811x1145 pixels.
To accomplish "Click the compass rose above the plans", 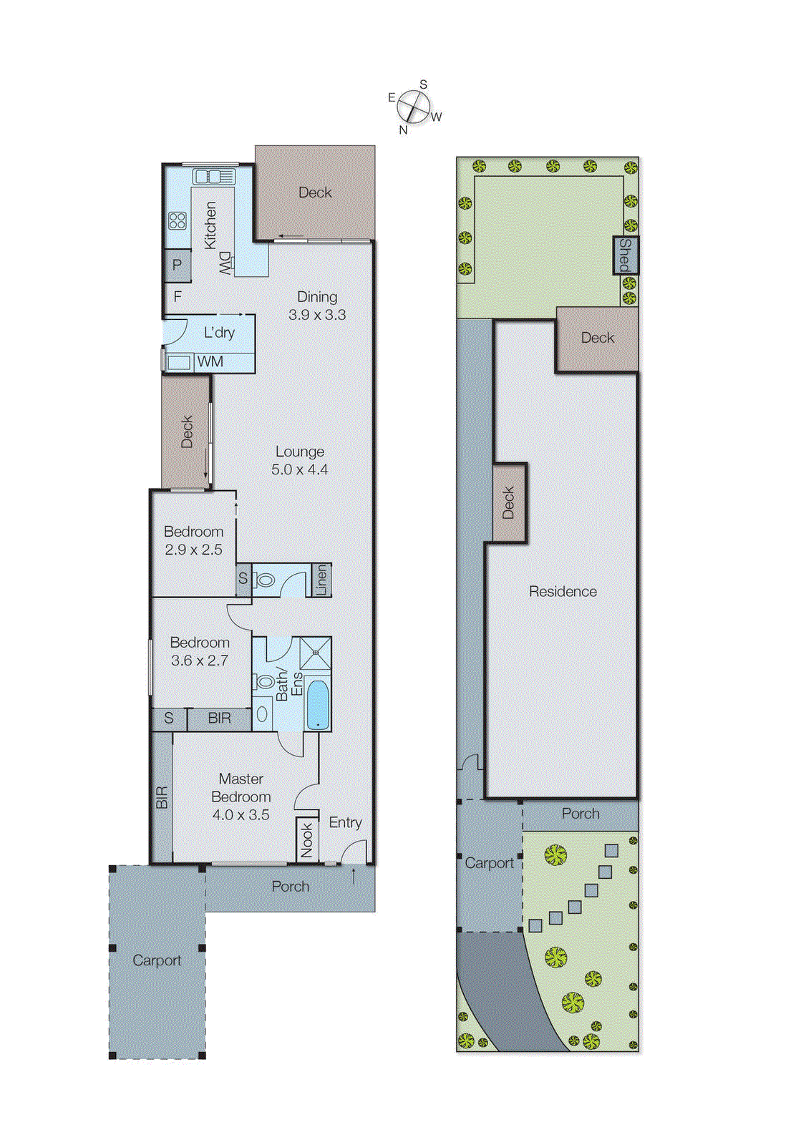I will click(413, 107).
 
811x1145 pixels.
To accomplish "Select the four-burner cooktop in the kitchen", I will click(178, 220).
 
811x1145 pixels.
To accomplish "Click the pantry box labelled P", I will click(177, 265).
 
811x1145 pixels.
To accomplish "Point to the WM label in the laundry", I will click(210, 362).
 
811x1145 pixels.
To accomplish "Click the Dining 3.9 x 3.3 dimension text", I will click(317, 306).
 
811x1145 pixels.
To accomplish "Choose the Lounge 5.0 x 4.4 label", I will click(300, 460).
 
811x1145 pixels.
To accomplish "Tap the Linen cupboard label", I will click(321, 580).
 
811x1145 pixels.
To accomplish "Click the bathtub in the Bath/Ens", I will click(317, 705).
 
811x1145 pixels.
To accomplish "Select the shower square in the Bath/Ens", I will click(315, 653).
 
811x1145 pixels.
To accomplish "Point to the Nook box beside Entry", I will click(307, 839).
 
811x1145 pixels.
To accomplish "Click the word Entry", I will click(345, 823).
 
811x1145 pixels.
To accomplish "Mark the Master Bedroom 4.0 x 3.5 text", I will click(241, 796).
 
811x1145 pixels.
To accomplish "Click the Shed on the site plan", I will click(625, 255).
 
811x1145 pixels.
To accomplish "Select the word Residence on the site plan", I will click(563, 592).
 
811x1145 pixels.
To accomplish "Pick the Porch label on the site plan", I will click(581, 814).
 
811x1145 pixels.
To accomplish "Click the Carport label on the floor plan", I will click(157, 960).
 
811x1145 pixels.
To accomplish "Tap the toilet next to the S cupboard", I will click(265, 580).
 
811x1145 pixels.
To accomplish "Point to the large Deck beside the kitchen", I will click(315, 193).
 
